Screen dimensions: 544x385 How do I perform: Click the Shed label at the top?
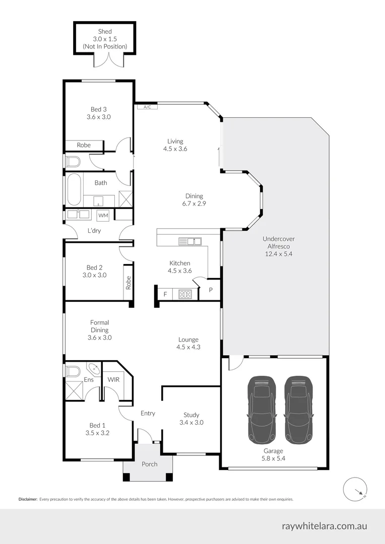pos(105,32)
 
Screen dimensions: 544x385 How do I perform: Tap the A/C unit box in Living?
pos(147,107)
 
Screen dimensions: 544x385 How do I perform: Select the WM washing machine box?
pos(103,215)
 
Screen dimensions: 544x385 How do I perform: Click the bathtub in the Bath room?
pos(74,189)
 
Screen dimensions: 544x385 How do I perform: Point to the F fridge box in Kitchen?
pos(164,294)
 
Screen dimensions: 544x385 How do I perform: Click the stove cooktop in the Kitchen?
pos(185,294)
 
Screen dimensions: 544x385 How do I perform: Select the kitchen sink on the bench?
pos(190,242)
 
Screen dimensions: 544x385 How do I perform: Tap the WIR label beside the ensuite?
pos(113,379)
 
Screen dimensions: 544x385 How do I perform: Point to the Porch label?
pos(149,464)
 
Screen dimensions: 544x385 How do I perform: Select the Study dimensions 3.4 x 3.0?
pos(191,423)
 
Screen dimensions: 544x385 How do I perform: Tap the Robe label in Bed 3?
pos(84,145)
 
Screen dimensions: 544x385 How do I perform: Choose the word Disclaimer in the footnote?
pos(28,499)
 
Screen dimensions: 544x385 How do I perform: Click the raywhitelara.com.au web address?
pos(324,526)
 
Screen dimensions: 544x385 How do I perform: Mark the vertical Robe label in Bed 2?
pos(129,282)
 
